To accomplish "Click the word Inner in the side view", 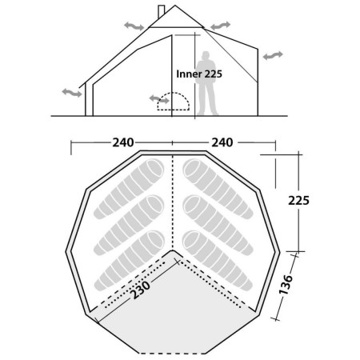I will click(190, 74).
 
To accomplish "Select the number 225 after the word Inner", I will click(213, 74).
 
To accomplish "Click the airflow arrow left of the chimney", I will click(134, 26).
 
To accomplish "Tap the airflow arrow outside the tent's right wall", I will click(273, 55).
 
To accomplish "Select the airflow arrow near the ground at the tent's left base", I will click(72, 93).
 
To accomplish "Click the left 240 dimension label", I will click(122, 142).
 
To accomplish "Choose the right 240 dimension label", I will click(222, 142).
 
